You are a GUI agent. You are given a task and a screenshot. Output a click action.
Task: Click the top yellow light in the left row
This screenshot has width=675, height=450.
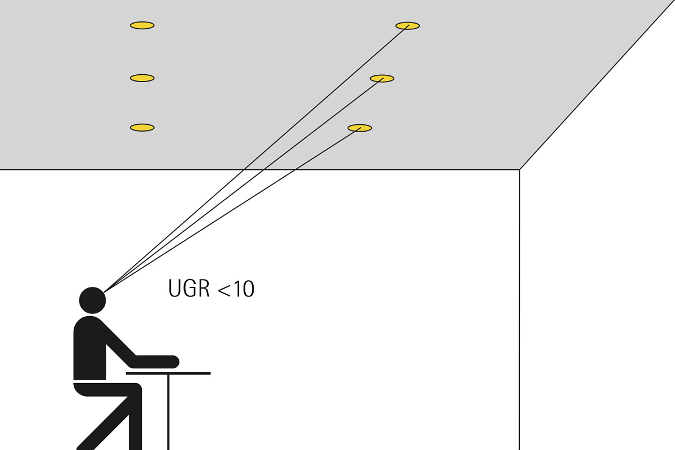(x=142, y=25)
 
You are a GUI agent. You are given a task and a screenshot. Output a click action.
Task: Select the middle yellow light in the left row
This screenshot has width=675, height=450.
(x=142, y=78)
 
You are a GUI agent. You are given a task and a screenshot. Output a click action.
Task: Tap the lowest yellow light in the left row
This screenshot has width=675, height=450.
(x=142, y=128)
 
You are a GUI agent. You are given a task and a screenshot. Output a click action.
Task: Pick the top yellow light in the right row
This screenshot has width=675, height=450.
(x=407, y=26)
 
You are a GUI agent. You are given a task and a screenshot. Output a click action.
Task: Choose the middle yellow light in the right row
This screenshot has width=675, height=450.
(x=382, y=78)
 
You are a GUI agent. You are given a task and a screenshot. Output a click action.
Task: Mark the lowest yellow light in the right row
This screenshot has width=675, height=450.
(x=359, y=128)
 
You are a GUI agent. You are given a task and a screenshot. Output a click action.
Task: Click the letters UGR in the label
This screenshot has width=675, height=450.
(x=188, y=289)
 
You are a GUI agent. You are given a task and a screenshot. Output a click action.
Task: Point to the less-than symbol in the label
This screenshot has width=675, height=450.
(x=224, y=290)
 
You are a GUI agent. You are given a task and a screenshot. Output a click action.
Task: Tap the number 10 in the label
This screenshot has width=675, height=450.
(x=244, y=289)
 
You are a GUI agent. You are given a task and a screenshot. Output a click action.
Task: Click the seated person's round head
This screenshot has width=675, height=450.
(x=92, y=300)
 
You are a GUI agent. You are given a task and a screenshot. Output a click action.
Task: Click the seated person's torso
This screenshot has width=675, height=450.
(x=89, y=348)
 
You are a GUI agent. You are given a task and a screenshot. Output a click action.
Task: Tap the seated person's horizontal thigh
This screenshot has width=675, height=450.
(x=107, y=390)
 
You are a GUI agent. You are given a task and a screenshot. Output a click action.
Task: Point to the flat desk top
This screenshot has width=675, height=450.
(x=168, y=373)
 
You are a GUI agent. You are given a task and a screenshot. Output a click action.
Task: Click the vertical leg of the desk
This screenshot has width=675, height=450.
(x=168, y=412)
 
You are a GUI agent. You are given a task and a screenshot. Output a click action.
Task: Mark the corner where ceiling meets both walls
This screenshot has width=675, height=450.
(x=520, y=170)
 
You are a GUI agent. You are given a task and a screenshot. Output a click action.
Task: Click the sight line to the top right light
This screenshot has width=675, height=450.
(x=256, y=159)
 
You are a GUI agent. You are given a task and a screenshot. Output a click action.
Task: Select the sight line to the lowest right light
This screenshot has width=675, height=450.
(x=232, y=210)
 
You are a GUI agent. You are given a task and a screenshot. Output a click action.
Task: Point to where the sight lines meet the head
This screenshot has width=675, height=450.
(x=104, y=292)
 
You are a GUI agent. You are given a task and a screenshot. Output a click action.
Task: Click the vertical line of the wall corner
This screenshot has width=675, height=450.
(x=520, y=310)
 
